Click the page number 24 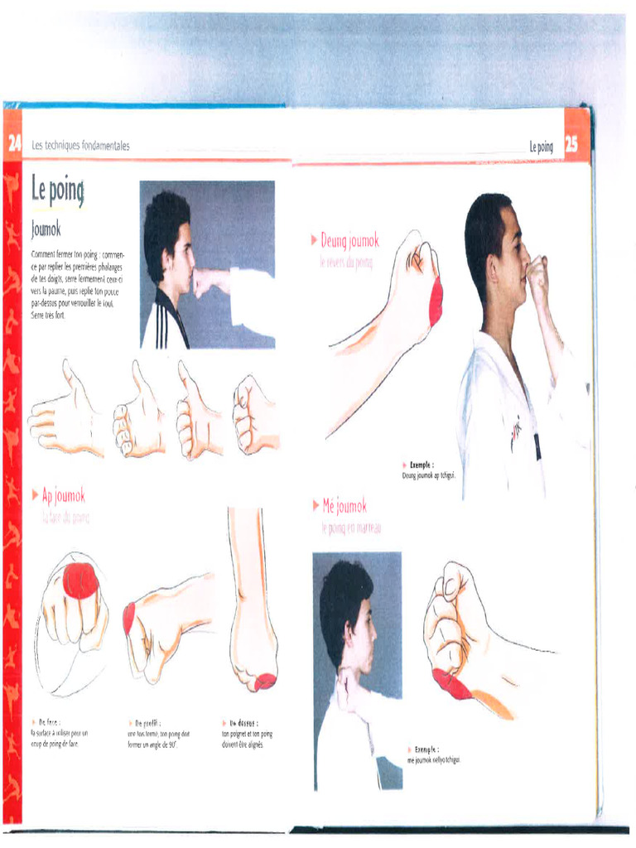[x=12, y=145]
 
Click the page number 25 [x=571, y=145]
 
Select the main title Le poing [x=57, y=190]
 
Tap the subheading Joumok [x=46, y=228]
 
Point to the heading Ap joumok [x=63, y=496]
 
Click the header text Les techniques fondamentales [x=80, y=146]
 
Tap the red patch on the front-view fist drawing [x=80, y=581]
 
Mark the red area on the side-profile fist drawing [x=129, y=619]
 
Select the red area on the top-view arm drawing [x=264, y=682]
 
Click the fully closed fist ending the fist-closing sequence [x=253, y=415]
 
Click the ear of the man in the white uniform [x=495, y=267]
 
